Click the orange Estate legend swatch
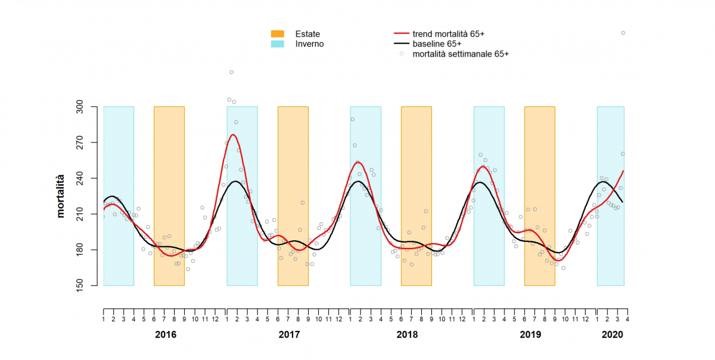click(x=278, y=34)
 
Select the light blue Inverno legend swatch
click(x=278, y=44)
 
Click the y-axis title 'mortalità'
click(x=60, y=196)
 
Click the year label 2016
click(x=165, y=335)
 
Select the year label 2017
click(x=289, y=335)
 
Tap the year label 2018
click(x=407, y=335)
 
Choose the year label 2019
click(x=531, y=335)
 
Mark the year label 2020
click(x=612, y=335)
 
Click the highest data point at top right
click(x=623, y=33)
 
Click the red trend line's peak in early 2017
click(x=233, y=135)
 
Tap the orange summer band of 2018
click(x=416, y=196)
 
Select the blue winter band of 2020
click(x=610, y=196)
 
